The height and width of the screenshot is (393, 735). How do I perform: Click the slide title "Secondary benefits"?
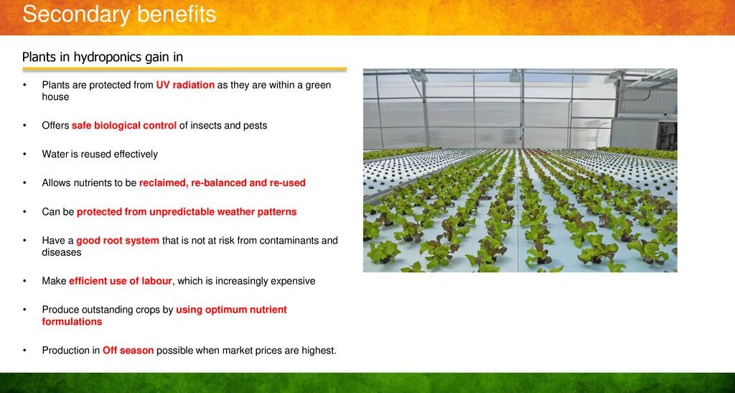119,14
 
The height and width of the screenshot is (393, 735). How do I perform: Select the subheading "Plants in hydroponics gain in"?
103,57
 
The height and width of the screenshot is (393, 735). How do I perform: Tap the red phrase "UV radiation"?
185,85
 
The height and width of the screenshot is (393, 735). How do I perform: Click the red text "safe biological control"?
124,126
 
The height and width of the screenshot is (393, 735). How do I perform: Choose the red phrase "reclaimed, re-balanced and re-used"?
223,183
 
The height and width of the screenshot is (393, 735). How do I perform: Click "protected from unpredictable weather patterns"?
187,212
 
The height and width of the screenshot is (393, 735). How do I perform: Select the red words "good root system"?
118,241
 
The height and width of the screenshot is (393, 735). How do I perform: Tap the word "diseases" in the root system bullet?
62,252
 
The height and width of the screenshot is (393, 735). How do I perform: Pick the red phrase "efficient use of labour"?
121,282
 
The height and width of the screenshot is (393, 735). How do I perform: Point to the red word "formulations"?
72,322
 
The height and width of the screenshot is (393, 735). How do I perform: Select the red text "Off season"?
128,351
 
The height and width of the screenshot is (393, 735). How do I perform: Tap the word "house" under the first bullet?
55,96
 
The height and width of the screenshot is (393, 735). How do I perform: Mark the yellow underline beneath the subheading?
184,69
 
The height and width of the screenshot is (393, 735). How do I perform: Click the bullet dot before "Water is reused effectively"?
25,154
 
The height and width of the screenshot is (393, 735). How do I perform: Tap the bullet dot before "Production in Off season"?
25,351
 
